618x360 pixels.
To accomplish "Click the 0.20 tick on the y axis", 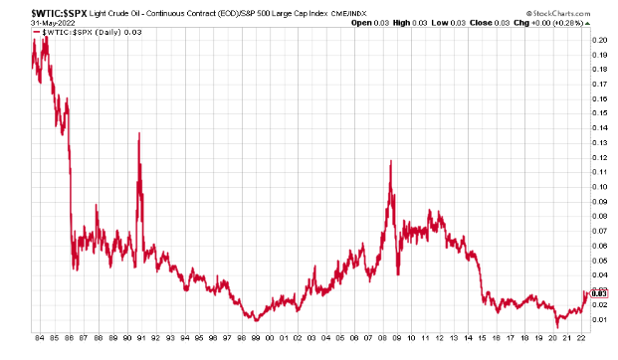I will click(599, 40).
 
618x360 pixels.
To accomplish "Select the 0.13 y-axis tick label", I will click(599, 142).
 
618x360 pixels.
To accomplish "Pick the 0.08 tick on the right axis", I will click(599, 216).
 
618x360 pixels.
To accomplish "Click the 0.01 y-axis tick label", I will click(599, 319).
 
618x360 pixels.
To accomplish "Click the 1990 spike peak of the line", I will click(138, 134).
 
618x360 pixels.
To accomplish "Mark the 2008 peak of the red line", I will click(390, 162).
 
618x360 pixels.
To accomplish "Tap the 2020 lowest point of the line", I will click(557, 326).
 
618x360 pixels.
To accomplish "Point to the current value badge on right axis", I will click(599, 292).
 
